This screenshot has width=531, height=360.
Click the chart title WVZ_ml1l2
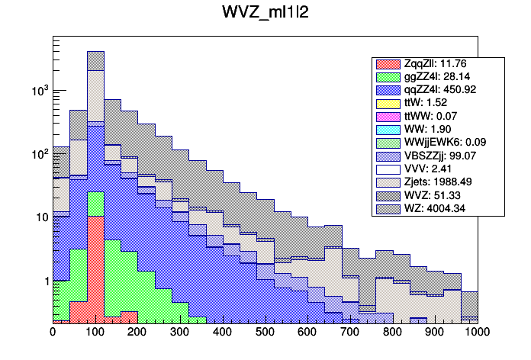point(265,14)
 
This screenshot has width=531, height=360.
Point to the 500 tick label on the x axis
point(265,333)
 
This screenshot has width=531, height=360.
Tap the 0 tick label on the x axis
point(53,333)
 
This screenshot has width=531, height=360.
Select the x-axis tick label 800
point(392,333)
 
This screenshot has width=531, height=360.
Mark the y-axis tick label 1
point(43,281)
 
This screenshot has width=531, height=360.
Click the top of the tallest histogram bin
point(95,52)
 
